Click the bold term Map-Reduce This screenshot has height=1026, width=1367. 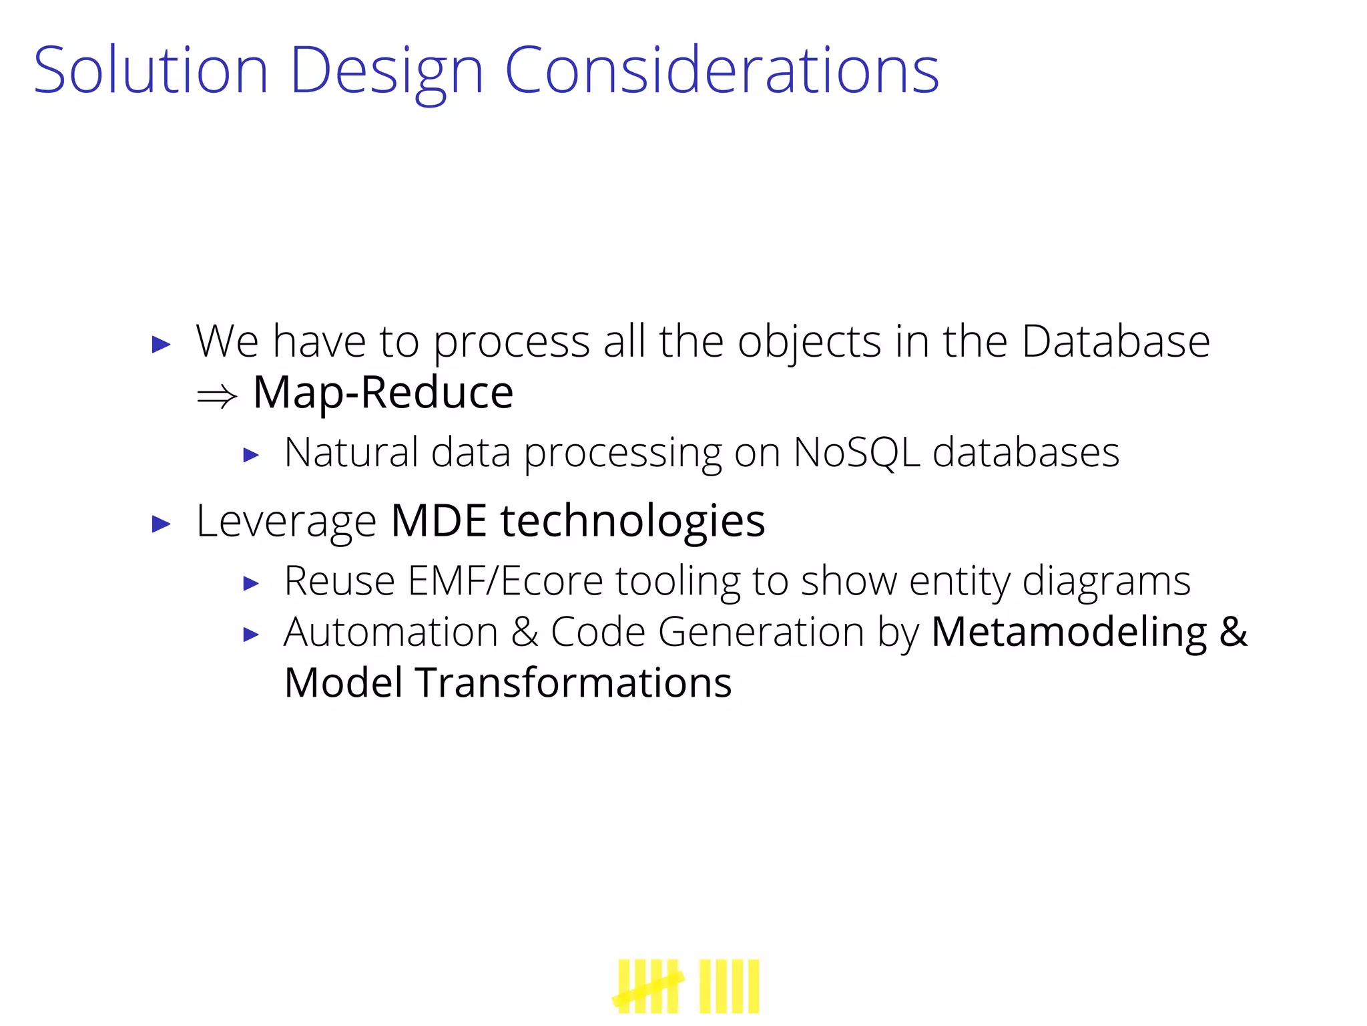pos(383,393)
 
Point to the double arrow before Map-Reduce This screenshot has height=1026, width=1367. pos(217,396)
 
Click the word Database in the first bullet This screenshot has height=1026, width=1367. pos(1115,342)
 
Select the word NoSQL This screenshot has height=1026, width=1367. pos(856,453)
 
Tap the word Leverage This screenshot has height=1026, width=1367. pos(286,522)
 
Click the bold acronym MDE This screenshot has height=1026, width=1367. pos(439,521)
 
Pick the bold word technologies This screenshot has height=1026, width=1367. pos(633,522)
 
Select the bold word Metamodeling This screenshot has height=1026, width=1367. pos(1069,632)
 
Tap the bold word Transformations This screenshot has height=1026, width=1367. pos(573,683)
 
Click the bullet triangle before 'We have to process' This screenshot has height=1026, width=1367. pos(162,345)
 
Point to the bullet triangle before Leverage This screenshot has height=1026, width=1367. pos(162,524)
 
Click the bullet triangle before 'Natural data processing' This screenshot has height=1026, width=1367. pos(251,456)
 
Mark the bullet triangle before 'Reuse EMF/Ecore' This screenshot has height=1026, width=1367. pos(251,584)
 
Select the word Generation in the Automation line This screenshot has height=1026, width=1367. pos(761,632)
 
